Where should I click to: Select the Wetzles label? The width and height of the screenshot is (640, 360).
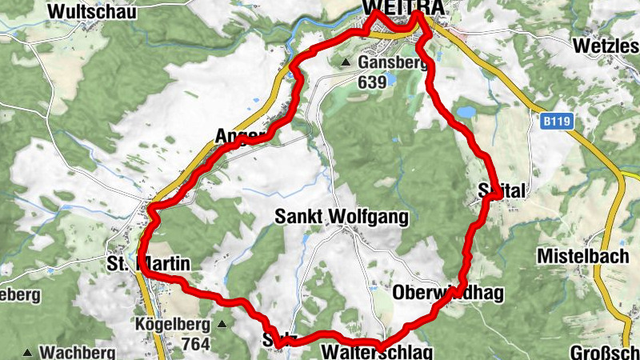[606, 46]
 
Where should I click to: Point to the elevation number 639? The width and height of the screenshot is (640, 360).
[372, 82]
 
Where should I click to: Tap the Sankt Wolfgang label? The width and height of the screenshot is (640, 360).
[341, 217]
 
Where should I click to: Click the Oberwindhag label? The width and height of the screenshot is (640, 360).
[448, 293]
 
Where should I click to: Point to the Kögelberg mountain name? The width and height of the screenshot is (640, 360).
[171, 325]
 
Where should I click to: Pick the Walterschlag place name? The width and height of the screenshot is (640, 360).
[376, 352]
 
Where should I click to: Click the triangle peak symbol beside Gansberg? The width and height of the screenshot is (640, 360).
[346, 62]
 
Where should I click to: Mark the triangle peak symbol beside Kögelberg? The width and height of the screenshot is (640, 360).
[222, 325]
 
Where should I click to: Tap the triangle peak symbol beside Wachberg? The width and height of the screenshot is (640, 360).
[28, 352]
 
